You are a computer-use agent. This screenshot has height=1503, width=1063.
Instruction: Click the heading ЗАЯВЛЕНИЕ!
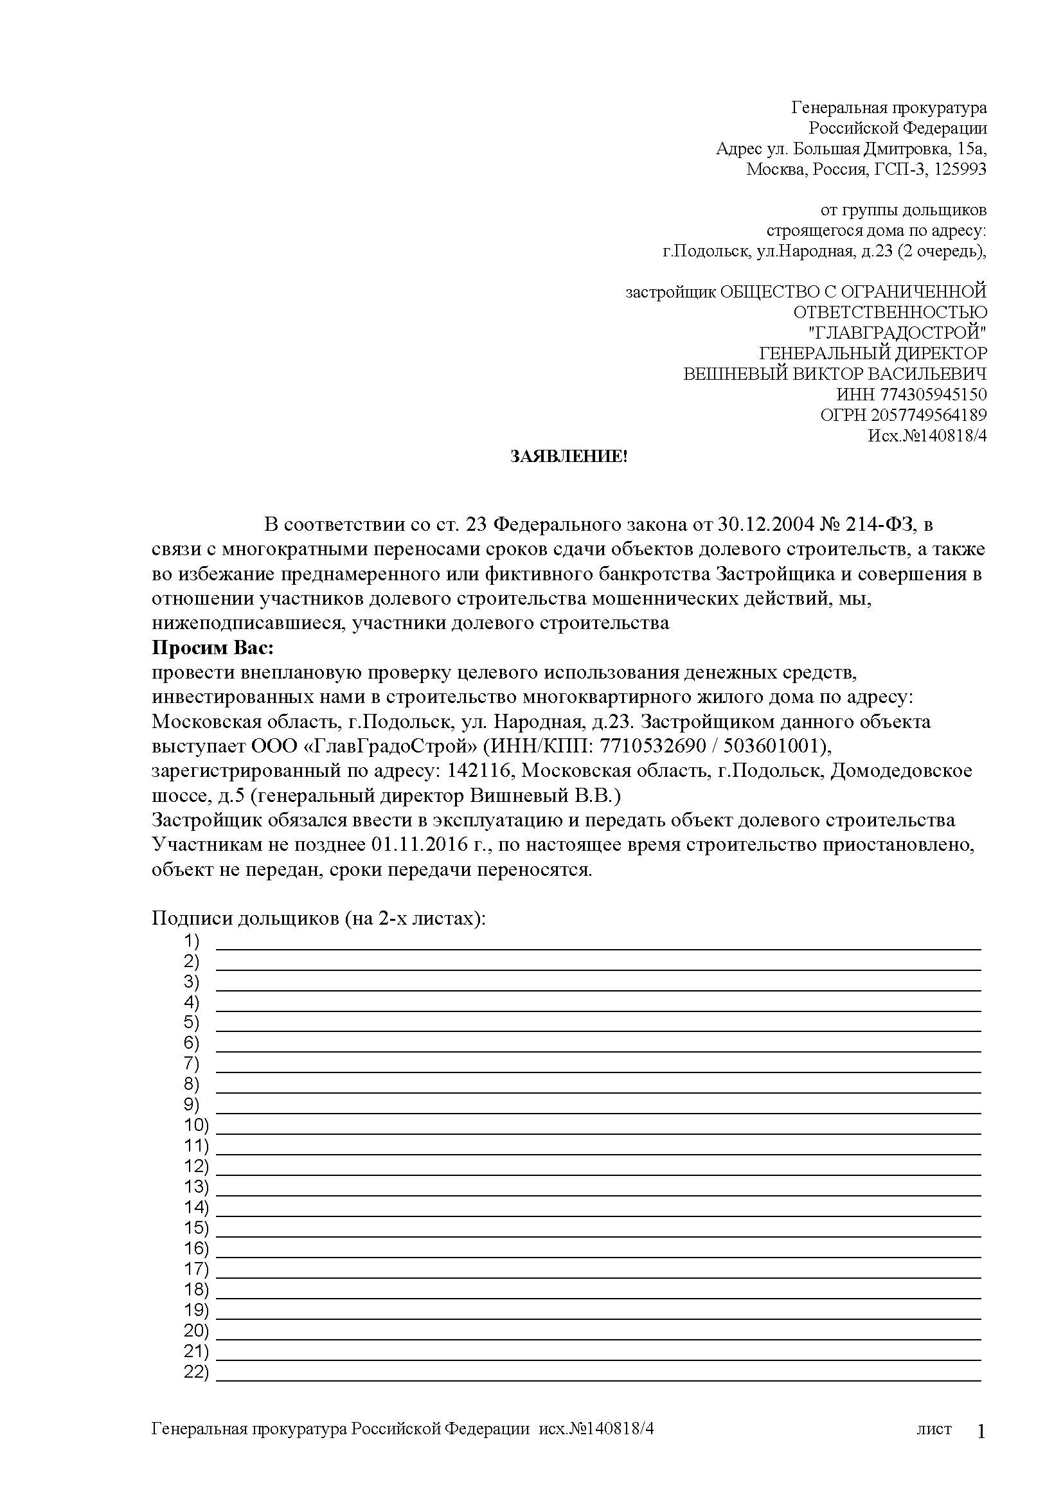568,457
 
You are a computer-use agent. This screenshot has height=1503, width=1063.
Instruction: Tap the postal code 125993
960,170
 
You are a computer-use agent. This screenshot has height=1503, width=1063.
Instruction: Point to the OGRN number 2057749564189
929,415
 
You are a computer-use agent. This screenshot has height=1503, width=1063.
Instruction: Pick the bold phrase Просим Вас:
213,648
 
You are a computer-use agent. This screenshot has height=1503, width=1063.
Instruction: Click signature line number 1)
191,941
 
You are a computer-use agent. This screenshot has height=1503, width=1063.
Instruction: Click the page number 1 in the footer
981,1433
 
